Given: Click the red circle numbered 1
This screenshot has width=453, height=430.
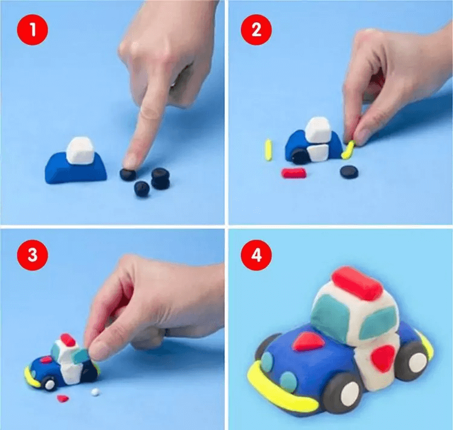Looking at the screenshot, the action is coord(33,30).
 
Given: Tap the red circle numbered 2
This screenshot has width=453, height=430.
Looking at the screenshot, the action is coord(256,30).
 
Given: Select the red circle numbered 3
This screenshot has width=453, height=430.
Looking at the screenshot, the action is coord(33,255).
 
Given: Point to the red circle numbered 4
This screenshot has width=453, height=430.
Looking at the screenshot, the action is coord(256,255).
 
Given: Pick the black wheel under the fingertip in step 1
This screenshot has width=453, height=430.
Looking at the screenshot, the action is coord(127,175).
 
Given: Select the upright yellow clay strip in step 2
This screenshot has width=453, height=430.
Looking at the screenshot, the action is coord(269,150).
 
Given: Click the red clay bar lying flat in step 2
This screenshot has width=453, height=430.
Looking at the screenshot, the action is coord(294,173).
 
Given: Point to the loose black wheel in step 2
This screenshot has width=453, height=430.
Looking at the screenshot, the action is coord(349,172).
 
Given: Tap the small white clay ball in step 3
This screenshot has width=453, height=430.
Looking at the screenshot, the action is coord(95,392).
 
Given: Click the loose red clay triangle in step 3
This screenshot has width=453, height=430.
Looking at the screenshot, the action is coord(63,399).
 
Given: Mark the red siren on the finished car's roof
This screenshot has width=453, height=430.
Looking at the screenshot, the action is coord(357,283).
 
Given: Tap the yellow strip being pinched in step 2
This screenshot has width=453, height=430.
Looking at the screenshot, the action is coord(348,150).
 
